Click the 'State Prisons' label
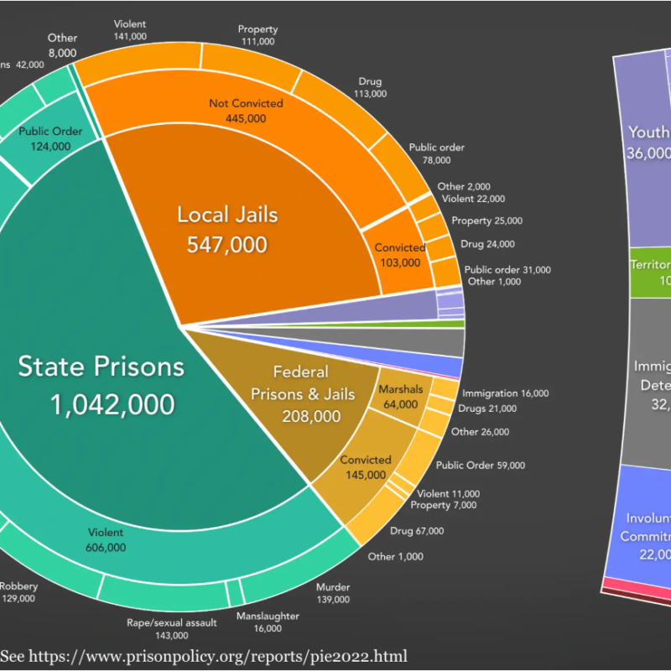click(x=101, y=367)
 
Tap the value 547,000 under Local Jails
click(x=227, y=244)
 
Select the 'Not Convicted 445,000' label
click(x=246, y=111)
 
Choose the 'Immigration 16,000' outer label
click(x=505, y=393)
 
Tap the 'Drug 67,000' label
click(x=417, y=531)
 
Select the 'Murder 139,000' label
click(x=333, y=593)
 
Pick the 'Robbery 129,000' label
click(x=18, y=592)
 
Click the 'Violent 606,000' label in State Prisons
click(x=106, y=540)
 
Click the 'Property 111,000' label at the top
click(x=257, y=35)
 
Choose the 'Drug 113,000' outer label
click(x=370, y=87)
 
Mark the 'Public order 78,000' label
click(x=436, y=153)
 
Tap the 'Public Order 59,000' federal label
click(x=481, y=466)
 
